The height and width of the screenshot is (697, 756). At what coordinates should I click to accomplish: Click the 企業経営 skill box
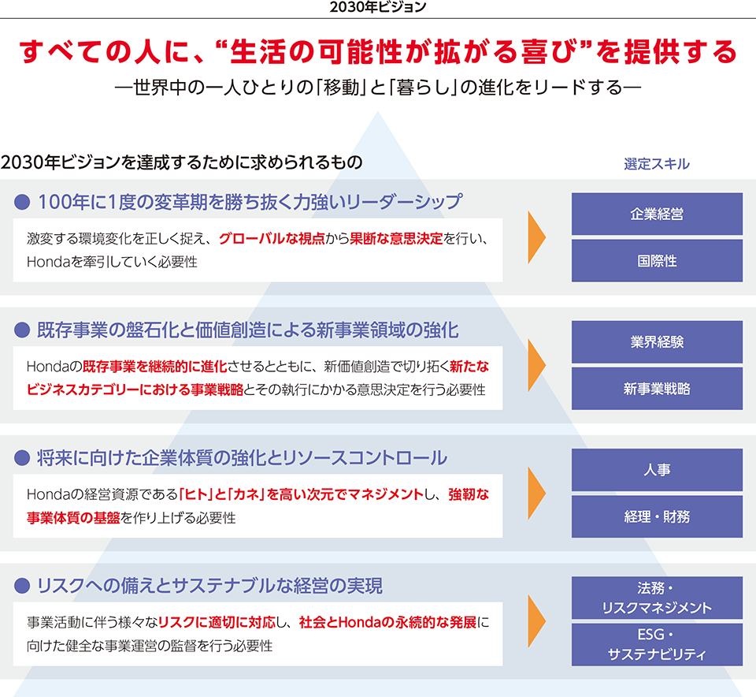click(657, 214)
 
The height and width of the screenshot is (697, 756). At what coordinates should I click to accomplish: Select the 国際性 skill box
click(657, 261)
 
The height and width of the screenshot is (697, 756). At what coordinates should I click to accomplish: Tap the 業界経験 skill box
click(657, 341)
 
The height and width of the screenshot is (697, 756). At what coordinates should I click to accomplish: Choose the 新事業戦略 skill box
click(657, 389)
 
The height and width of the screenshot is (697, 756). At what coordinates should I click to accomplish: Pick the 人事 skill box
click(657, 470)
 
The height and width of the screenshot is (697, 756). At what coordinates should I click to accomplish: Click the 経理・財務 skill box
click(657, 516)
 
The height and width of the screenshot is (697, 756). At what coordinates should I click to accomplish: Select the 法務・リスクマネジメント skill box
click(657, 598)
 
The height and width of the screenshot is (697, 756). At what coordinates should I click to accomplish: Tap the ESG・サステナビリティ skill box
click(657, 644)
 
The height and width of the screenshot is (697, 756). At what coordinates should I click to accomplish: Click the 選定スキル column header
click(657, 164)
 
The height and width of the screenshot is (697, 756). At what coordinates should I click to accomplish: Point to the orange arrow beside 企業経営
click(535, 237)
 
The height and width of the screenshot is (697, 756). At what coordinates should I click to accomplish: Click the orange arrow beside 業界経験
click(535, 365)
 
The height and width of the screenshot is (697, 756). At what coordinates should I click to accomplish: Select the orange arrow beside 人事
click(535, 493)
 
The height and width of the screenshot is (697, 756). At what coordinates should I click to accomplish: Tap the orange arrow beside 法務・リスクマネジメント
click(535, 621)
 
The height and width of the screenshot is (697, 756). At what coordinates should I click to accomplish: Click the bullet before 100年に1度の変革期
click(22, 202)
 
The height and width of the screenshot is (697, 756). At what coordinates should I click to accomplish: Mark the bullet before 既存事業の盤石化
click(22, 330)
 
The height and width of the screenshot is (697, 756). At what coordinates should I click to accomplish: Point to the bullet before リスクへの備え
click(22, 586)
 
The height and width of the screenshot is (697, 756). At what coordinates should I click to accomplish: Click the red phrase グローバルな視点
click(272, 238)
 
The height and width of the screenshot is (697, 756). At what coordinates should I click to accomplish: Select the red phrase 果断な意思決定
click(396, 238)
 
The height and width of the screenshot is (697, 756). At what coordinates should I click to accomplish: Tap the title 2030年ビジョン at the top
click(378, 7)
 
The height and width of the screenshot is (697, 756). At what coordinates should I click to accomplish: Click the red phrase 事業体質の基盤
click(73, 518)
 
